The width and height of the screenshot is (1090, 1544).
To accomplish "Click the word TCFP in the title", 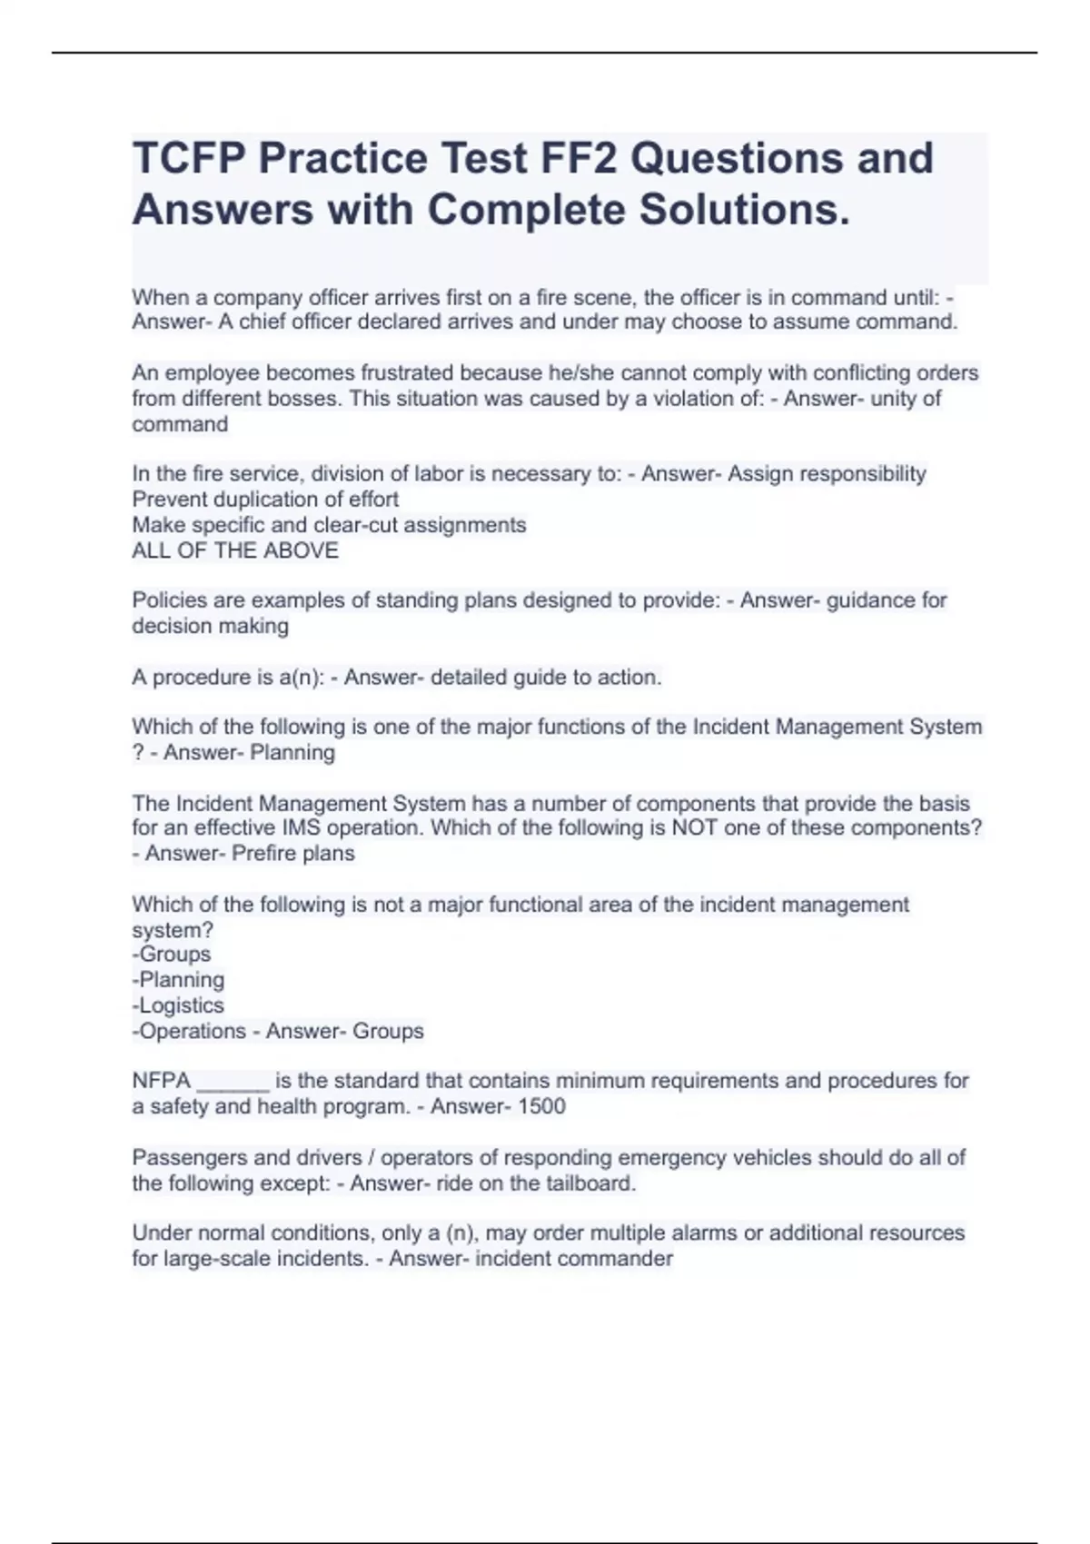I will pos(187,159).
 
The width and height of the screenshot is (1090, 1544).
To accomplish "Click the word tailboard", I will pos(590,1183).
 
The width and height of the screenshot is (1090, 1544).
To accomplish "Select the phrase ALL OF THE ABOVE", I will pos(235,550).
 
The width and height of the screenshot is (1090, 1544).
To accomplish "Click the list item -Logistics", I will pos(178,1005).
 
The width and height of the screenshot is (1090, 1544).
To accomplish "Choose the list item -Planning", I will pos(178,980).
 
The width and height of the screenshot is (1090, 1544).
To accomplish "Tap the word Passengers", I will pos(190,1158).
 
